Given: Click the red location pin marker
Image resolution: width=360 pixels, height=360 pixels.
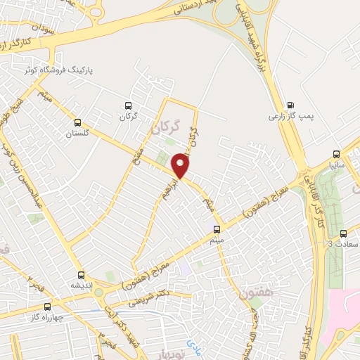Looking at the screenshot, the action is pos(181,165).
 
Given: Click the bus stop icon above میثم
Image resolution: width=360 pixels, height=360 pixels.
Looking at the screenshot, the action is pos(217,229).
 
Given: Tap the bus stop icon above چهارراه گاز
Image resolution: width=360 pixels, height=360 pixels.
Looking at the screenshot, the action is pos(47,307).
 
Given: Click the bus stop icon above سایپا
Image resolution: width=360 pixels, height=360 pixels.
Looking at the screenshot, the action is pos(336,154).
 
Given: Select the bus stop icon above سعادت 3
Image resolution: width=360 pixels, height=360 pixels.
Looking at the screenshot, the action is pos(343,233).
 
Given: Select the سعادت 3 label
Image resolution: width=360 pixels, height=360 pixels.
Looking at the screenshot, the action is pos(343,244).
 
